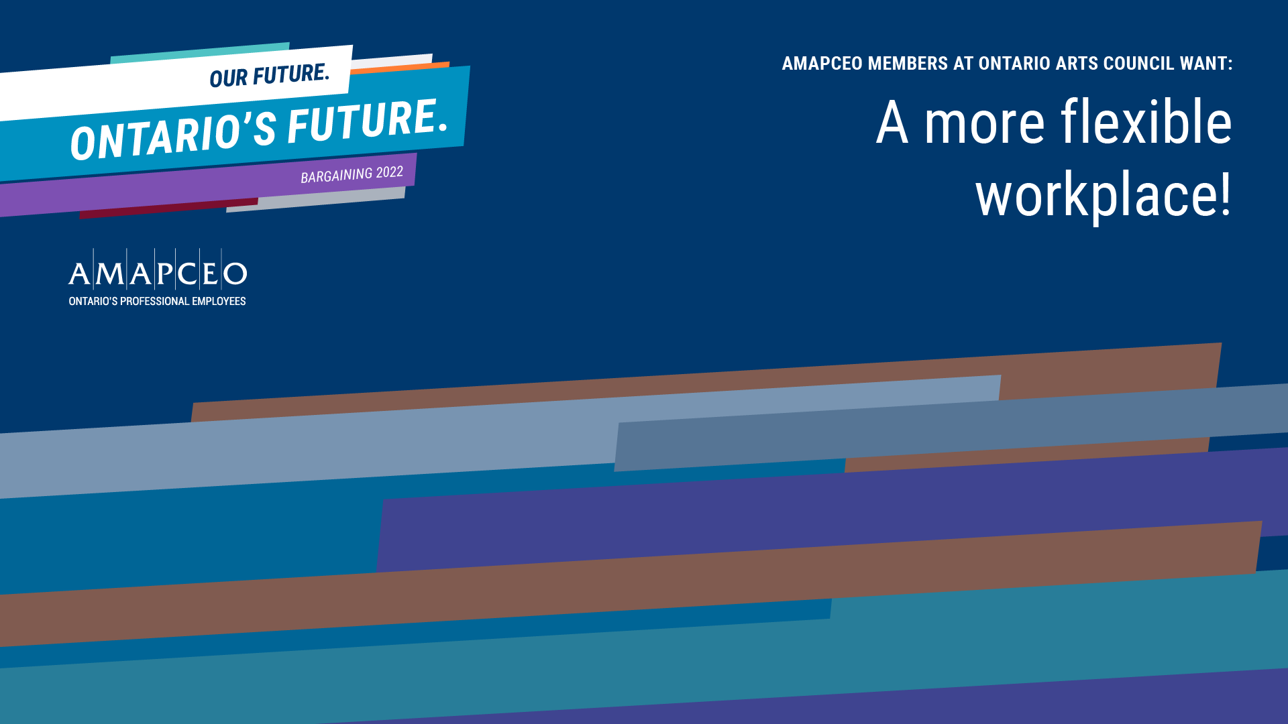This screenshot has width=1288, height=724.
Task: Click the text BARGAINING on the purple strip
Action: tap(336, 176)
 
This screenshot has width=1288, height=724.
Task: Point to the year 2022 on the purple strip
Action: tap(390, 172)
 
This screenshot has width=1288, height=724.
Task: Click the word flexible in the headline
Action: tap(1146, 122)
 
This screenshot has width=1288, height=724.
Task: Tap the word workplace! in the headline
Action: tap(1104, 195)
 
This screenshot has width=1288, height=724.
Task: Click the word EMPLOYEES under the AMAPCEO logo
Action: tap(219, 302)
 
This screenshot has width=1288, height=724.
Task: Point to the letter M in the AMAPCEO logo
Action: tap(110, 274)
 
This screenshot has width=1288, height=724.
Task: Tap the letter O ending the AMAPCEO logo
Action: tap(235, 274)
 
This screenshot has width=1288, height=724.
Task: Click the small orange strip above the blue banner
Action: tap(400, 67)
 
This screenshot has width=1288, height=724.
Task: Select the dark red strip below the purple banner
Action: tap(168, 209)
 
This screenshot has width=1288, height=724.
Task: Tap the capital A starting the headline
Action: tap(892, 122)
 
